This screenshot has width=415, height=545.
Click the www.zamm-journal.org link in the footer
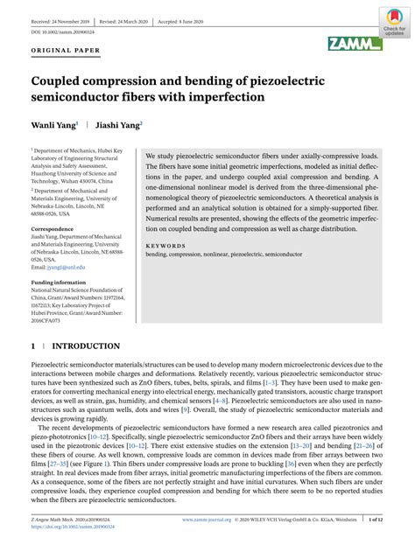[207, 521]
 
